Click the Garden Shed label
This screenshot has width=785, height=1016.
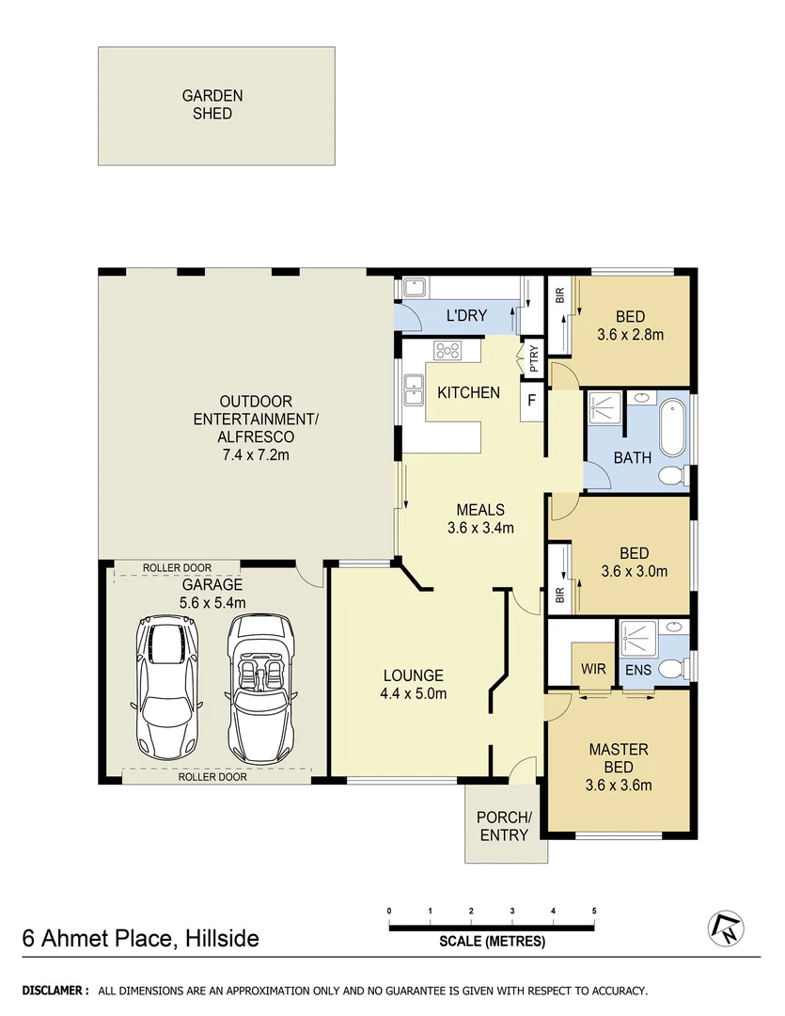point(212,104)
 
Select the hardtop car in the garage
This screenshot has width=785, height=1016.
point(169,689)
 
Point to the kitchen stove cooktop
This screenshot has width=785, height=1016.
point(447,351)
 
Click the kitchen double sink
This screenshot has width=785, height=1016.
point(413,386)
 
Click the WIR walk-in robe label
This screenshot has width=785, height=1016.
point(593,669)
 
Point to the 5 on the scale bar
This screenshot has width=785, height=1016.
point(594,912)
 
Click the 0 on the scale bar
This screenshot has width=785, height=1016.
point(389,912)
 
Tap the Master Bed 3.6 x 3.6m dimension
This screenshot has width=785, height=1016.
point(618,786)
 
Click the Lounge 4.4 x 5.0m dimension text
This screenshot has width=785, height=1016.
point(414,694)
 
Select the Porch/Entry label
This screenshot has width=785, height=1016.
point(504,825)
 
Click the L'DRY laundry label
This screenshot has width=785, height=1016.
point(466,315)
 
